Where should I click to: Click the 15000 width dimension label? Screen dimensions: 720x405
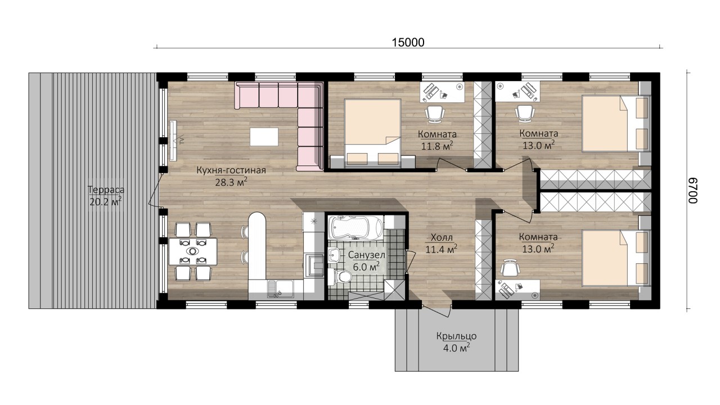click(x=408, y=42)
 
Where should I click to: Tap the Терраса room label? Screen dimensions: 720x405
click(x=106, y=190)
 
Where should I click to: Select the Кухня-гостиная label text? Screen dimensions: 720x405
click(x=231, y=170)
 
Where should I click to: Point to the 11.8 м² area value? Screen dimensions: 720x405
click(x=437, y=146)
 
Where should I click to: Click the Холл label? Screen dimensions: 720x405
click(x=442, y=238)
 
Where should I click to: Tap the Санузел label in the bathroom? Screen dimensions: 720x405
click(x=366, y=255)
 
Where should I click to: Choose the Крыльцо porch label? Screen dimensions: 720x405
click(x=456, y=336)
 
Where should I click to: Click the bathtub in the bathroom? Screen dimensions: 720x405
click(x=356, y=228)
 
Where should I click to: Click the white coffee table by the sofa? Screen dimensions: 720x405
click(x=264, y=137)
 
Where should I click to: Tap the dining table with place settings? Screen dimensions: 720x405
click(x=193, y=251)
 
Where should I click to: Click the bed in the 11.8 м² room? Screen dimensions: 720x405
click(x=372, y=133)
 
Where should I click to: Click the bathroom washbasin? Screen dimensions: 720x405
click(x=335, y=255)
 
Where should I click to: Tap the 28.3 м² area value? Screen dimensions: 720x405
click(x=231, y=183)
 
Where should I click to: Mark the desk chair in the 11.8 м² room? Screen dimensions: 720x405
click(x=435, y=114)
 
